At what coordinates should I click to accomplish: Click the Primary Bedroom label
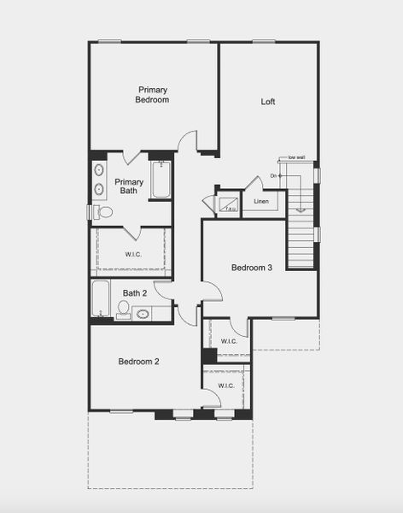(152, 95)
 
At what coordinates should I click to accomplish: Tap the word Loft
(268, 102)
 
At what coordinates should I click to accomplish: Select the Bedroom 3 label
(252, 268)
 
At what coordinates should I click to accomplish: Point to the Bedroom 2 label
(138, 362)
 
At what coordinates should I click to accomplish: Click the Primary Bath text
(129, 186)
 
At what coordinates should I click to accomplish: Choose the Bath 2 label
(135, 293)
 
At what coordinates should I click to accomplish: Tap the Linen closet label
(261, 203)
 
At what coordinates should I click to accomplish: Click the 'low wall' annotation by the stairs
(296, 158)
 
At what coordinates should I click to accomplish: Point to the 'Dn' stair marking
(274, 176)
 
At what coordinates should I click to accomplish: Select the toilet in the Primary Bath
(103, 211)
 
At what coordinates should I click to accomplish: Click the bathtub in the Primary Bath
(161, 180)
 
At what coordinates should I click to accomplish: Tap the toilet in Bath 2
(123, 308)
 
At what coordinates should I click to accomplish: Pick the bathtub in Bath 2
(101, 299)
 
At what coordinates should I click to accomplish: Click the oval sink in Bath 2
(143, 315)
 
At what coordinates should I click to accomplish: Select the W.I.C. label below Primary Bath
(133, 253)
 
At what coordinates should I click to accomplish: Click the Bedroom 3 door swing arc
(213, 291)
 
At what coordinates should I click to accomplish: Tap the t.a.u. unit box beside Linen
(229, 204)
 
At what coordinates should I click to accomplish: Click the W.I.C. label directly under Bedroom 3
(229, 341)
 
